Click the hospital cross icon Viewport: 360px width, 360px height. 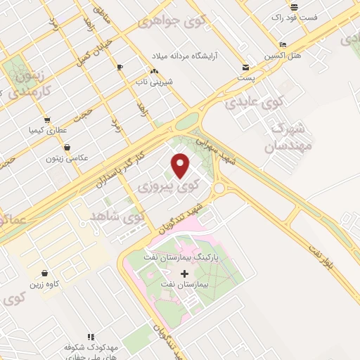[185, 273]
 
